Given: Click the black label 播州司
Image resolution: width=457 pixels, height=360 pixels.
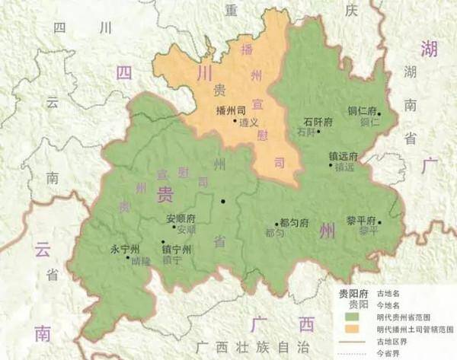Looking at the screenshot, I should (229, 110).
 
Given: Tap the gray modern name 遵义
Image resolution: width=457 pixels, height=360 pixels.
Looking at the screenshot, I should (249, 122).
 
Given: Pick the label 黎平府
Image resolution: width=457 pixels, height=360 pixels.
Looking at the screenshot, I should (362, 218).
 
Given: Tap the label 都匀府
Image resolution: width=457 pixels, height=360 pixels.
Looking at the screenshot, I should (293, 223).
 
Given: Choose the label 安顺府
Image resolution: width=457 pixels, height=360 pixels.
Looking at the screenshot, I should (181, 219).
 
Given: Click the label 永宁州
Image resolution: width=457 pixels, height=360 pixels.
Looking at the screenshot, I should (125, 249).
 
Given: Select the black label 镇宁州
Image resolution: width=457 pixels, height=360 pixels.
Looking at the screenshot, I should (177, 248).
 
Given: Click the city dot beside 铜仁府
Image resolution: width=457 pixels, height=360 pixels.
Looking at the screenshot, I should (379, 114).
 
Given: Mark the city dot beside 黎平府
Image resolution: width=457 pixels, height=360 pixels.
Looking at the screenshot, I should (379, 222).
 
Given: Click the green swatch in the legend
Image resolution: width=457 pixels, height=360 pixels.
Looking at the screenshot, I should (353, 316).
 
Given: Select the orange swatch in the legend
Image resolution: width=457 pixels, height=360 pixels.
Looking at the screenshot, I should (353, 329).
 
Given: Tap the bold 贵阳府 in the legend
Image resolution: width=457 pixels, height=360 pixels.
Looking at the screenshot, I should (353, 292).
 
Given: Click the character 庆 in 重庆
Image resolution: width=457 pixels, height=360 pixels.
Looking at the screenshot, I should (350, 11).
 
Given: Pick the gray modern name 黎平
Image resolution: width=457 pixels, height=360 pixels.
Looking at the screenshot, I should (369, 230).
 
